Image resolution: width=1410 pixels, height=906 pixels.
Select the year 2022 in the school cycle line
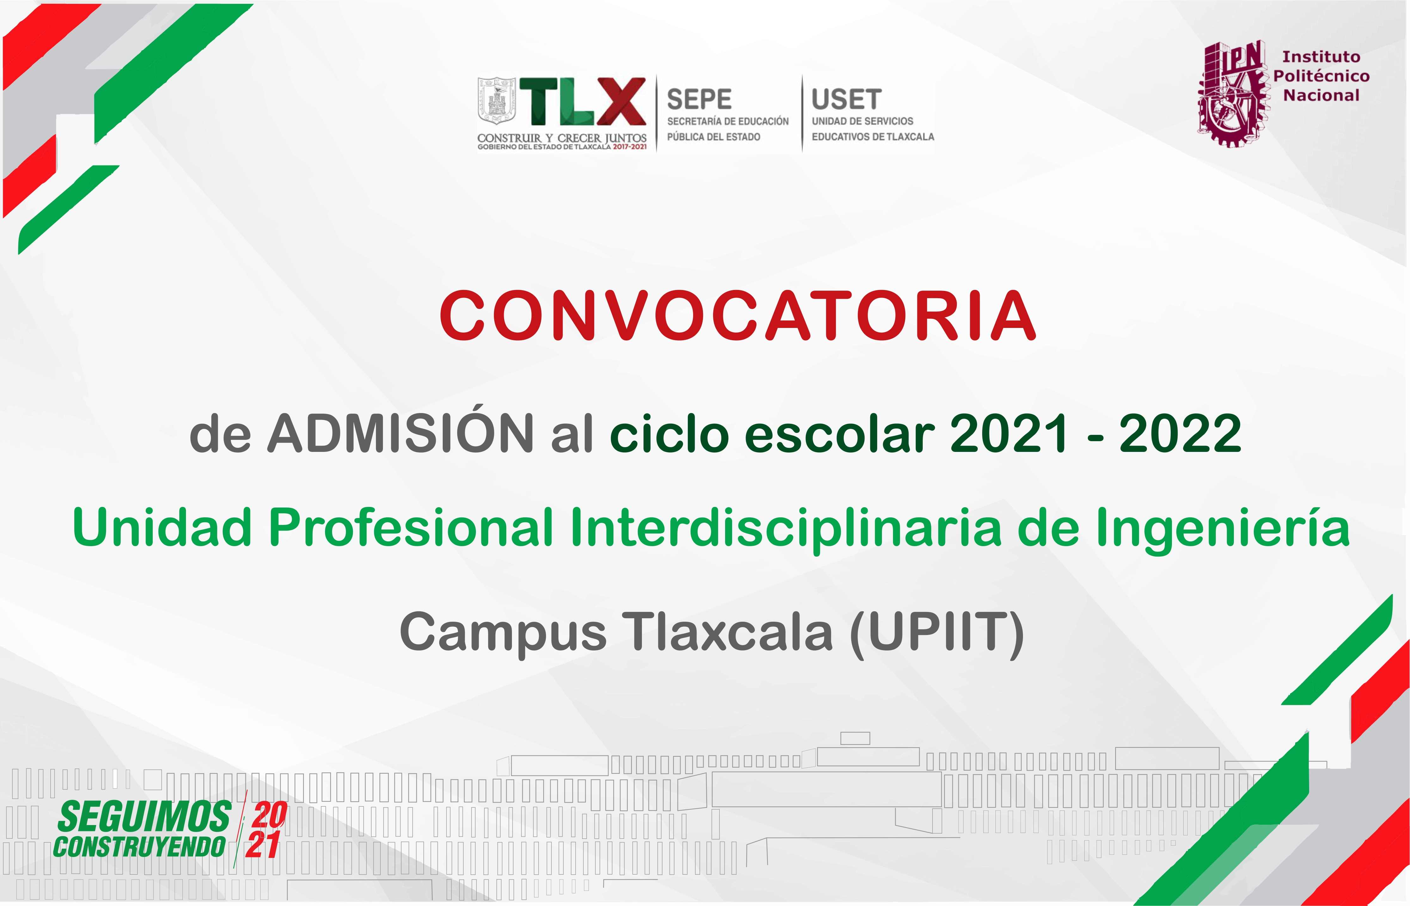pos(1180,434)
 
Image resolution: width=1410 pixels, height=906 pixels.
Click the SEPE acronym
pos(699,99)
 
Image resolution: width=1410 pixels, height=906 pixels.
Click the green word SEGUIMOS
pos(144,817)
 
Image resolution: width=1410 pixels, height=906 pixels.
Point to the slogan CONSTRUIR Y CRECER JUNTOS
pos(562,138)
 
